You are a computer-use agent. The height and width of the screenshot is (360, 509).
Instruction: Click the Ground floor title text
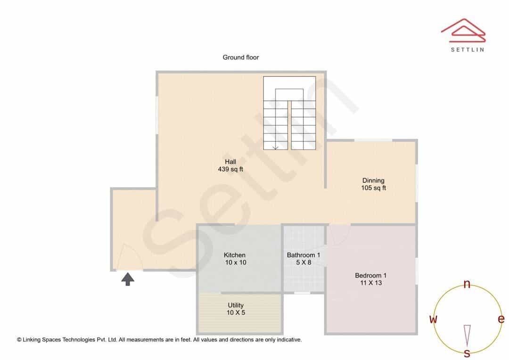[240, 57]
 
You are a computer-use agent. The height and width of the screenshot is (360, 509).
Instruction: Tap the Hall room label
[230, 162]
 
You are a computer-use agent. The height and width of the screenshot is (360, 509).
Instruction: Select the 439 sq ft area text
[230, 169]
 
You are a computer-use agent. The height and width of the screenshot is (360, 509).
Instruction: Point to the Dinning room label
[373, 180]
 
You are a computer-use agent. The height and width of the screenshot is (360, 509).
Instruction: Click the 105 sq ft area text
[374, 188]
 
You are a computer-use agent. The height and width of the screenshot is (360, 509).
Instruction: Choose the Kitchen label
[234, 255]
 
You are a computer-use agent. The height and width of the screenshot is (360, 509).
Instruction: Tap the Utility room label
[236, 305]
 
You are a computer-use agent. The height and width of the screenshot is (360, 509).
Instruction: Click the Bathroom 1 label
[304, 255]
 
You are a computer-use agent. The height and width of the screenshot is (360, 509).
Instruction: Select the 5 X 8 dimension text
[304, 262]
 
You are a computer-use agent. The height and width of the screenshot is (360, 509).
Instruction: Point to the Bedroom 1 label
[371, 276]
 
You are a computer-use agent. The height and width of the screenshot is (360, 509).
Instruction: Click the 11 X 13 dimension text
[371, 283]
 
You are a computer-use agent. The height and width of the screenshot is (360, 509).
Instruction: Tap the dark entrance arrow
[128, 279]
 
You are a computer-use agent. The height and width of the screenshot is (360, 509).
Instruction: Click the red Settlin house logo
[464, 30]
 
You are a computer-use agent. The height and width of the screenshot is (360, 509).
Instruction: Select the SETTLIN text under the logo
[468, 49]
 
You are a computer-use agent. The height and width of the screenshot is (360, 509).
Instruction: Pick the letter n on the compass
[467, 284]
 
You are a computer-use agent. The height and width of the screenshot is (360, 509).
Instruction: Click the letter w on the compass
[433, 319]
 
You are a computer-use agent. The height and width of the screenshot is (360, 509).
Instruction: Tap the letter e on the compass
[501, 319]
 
